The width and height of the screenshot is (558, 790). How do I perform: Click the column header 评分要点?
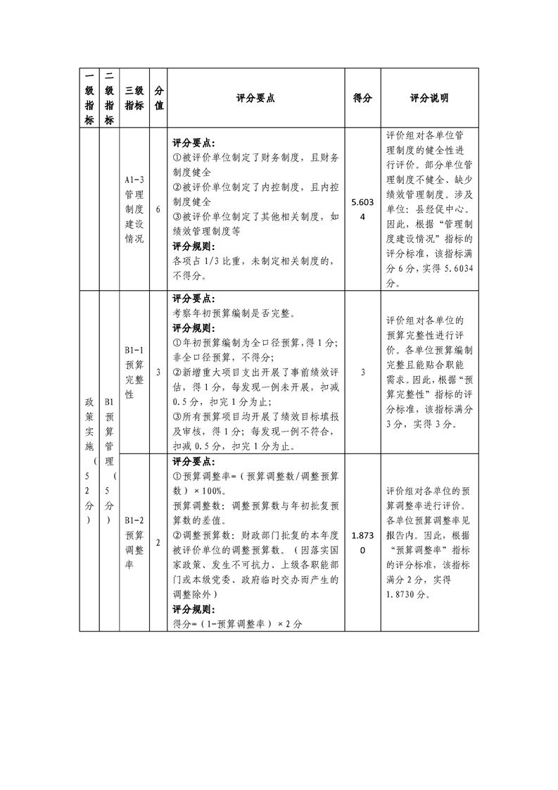[x=256, y=99]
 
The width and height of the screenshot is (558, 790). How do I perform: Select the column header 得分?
[x=362, y=99]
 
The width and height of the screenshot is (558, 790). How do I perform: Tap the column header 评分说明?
[x=429, y=99]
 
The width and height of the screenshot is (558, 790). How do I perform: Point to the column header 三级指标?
[x=134, y=99]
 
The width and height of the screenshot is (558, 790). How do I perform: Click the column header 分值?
[x=159, y=99]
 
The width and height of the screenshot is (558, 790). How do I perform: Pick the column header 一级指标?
[x=89, y=99]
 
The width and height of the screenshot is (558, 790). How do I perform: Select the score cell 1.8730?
[x=362, y=542]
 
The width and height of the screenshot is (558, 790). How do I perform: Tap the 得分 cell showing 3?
[x=362, y=372]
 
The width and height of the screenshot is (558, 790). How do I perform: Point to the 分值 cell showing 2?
[x=159, y=542]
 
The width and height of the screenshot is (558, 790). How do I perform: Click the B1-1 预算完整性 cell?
[x=134, y=372]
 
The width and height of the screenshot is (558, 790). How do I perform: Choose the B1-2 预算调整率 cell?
[x=134, y=542]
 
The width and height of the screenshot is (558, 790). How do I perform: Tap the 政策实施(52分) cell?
[x=89, y=461]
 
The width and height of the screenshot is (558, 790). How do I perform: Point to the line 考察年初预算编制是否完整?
[x=233, y=313]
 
